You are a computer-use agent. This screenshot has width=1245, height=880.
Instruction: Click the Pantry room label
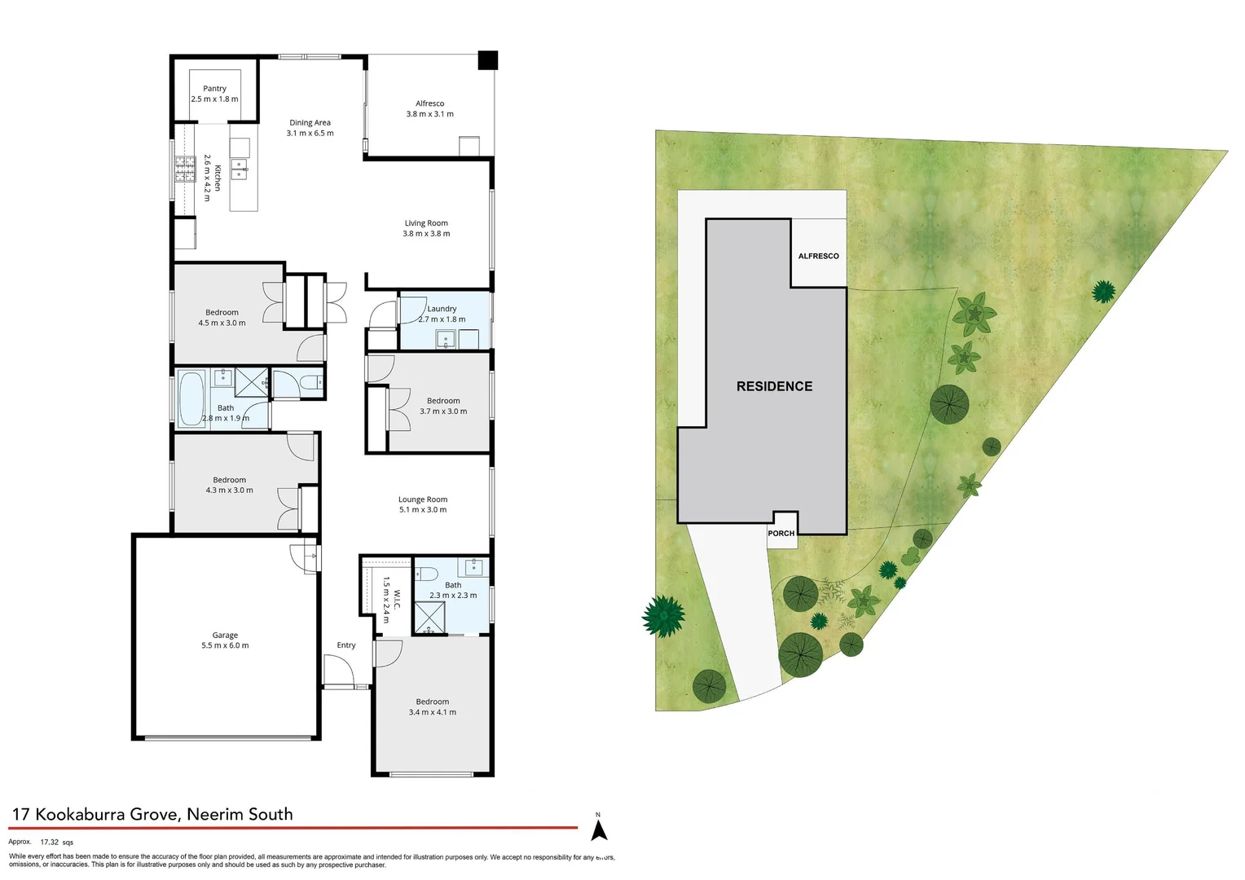(x=214, y=89)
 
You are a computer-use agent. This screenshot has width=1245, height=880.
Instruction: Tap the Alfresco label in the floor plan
(x=429, y=103)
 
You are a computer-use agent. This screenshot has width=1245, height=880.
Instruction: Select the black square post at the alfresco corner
(x=487, y=60)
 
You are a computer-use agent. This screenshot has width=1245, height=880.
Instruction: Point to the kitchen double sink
(x=239, y=169)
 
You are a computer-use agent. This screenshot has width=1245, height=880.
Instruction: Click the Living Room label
(x=426, y=223)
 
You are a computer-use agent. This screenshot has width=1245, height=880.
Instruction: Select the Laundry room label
(x=442, y=309)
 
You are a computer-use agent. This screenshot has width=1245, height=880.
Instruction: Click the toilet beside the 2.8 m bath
(x=309, y=382)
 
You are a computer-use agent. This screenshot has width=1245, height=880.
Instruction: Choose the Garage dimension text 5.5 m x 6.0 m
(x=225, y=645)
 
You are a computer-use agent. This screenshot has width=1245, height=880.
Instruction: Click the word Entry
(x=346, y=645)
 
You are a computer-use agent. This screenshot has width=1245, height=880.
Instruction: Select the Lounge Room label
(x=423, y=499)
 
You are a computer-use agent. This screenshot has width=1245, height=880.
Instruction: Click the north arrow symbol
(x=599, y=829)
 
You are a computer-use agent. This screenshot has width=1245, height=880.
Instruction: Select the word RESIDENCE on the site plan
(x=774, y=386)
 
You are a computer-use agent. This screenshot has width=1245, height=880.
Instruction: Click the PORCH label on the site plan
(x=781, y=533)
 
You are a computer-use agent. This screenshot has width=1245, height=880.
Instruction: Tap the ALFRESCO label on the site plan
(x=818, y=256)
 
